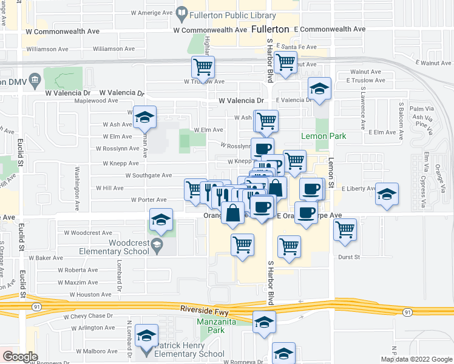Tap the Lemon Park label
pos(324,136)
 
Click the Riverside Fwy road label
pos(202,309)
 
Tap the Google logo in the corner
pos(20,357)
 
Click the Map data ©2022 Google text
pos(416,359)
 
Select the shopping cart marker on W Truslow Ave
pos(203,67)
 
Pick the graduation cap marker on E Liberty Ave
pos(387,194)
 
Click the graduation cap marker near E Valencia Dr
pos(319,89)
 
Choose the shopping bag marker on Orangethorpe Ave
pos(233,213)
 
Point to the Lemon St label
pos(331,159)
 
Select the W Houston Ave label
pos(90,294)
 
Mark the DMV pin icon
pos(35,79)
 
